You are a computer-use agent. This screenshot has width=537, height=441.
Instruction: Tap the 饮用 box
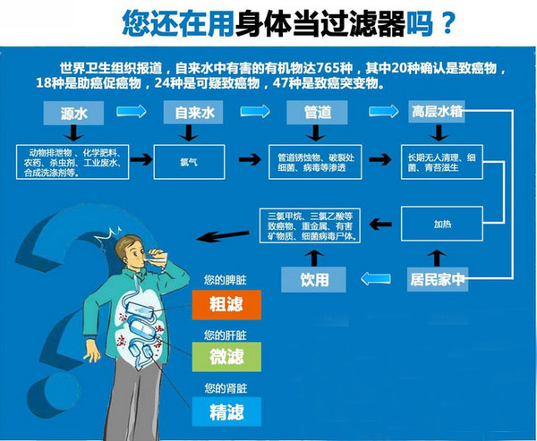pos(315,279)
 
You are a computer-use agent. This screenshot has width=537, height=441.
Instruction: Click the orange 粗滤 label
pos(226,304)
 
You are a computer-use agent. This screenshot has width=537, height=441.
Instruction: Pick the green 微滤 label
pos(226,356)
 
